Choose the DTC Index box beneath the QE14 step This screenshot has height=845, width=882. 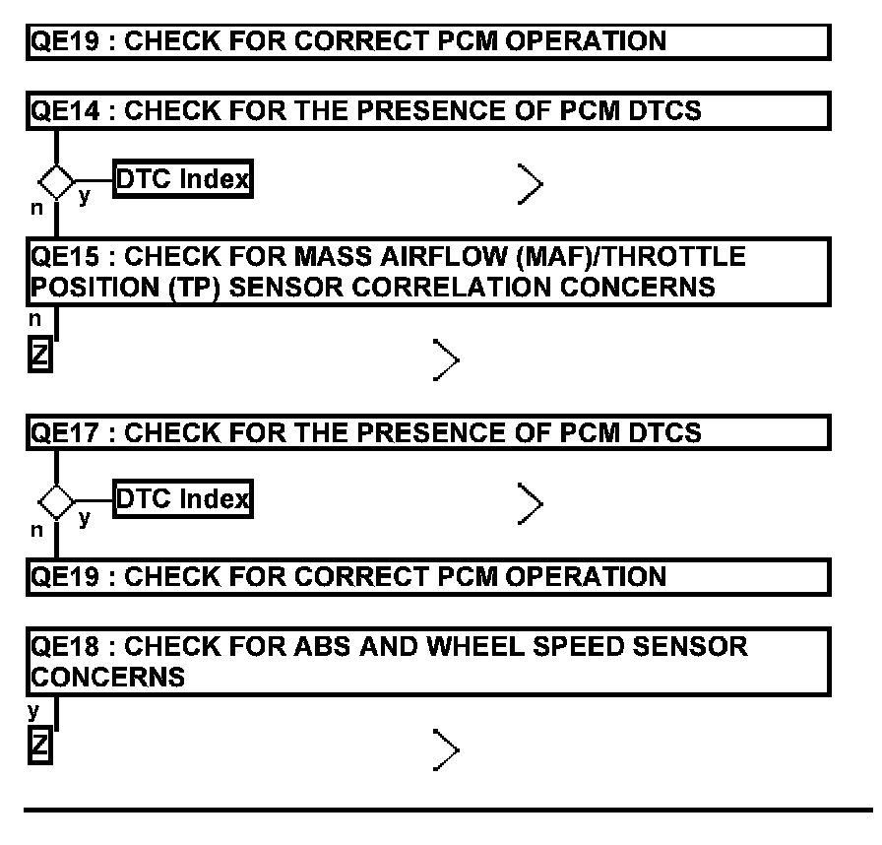point(183,179)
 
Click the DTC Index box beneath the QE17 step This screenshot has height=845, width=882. point(183,499)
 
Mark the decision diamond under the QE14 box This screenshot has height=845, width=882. point(56,181)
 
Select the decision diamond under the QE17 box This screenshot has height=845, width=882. point(56,502)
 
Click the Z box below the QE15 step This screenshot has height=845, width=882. point(39,354)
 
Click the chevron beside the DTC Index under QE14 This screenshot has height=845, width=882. point(531,183)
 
